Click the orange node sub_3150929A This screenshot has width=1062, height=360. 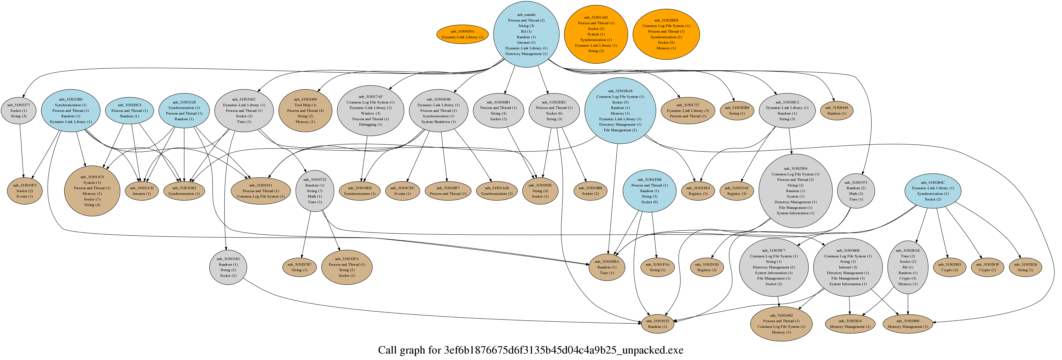(x=462, y=34)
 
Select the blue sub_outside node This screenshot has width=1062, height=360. (x=526, y=34)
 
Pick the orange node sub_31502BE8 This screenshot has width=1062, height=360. (x=666, y=34)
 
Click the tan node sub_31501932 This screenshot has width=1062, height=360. (x=658, y=324)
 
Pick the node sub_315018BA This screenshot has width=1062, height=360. (x=607, y=267)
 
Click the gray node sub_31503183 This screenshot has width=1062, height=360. (x=228, y=267)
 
